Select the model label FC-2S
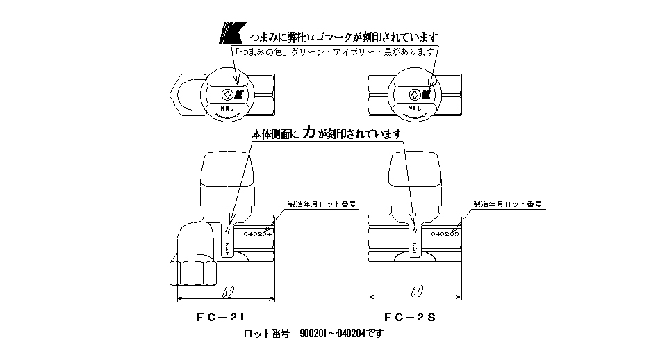[x=410, y=317]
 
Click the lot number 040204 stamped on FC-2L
[x=254, y=234]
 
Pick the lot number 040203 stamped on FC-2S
[x=445, y=234]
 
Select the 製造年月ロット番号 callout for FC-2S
[x=507, y=205]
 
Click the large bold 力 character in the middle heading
[x=311, y=132]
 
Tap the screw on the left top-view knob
[x=226, y=95]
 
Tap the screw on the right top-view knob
[x=415, y=95]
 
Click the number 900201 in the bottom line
[x=314, y=334]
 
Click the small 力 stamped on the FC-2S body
[x=415, y=229]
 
